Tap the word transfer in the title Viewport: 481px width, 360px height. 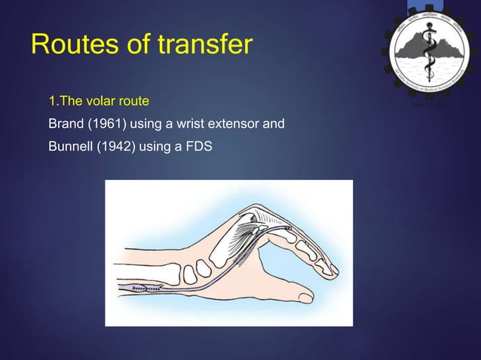206,44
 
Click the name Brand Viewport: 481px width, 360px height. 65,123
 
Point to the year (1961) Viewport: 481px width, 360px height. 106,123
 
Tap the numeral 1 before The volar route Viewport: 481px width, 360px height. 52,100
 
